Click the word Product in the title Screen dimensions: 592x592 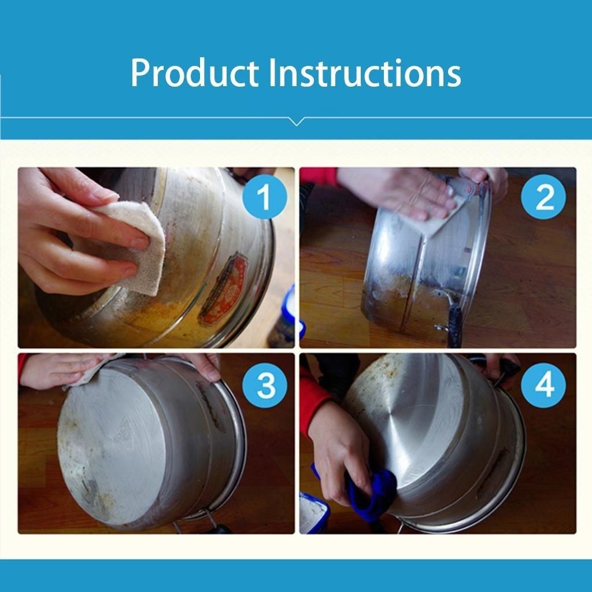coord(194,73)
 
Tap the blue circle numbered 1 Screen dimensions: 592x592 coord(264,198)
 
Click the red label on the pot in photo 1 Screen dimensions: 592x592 coord(223,289)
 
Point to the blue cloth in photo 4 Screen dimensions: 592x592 coord(370,494)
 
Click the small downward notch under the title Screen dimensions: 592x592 coord(296,121)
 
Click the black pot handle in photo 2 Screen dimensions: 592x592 coord(454,321)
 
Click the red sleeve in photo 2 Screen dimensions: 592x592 coord(318,175)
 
